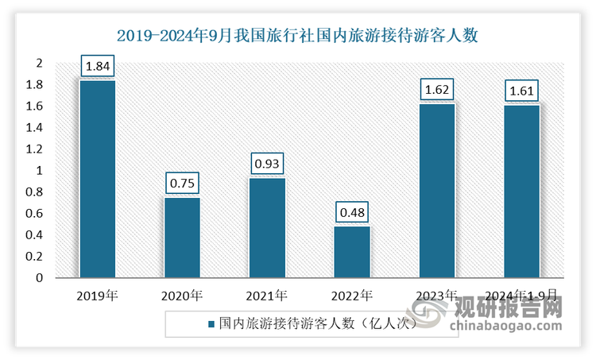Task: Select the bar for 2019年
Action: (x=97, y=179)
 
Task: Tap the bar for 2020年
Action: (x=182, y=238)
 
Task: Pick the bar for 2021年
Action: (x=267, y=228)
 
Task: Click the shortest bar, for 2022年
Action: (x=351, y=252)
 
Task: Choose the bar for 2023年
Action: (x=436, y=191)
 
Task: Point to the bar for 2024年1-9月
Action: (x=521, y=192)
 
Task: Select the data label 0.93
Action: (x=267, y=165)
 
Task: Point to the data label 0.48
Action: (x=351, y=213)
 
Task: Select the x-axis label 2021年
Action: (x=267, y=296)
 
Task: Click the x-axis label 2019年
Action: (x=97, y=296)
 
